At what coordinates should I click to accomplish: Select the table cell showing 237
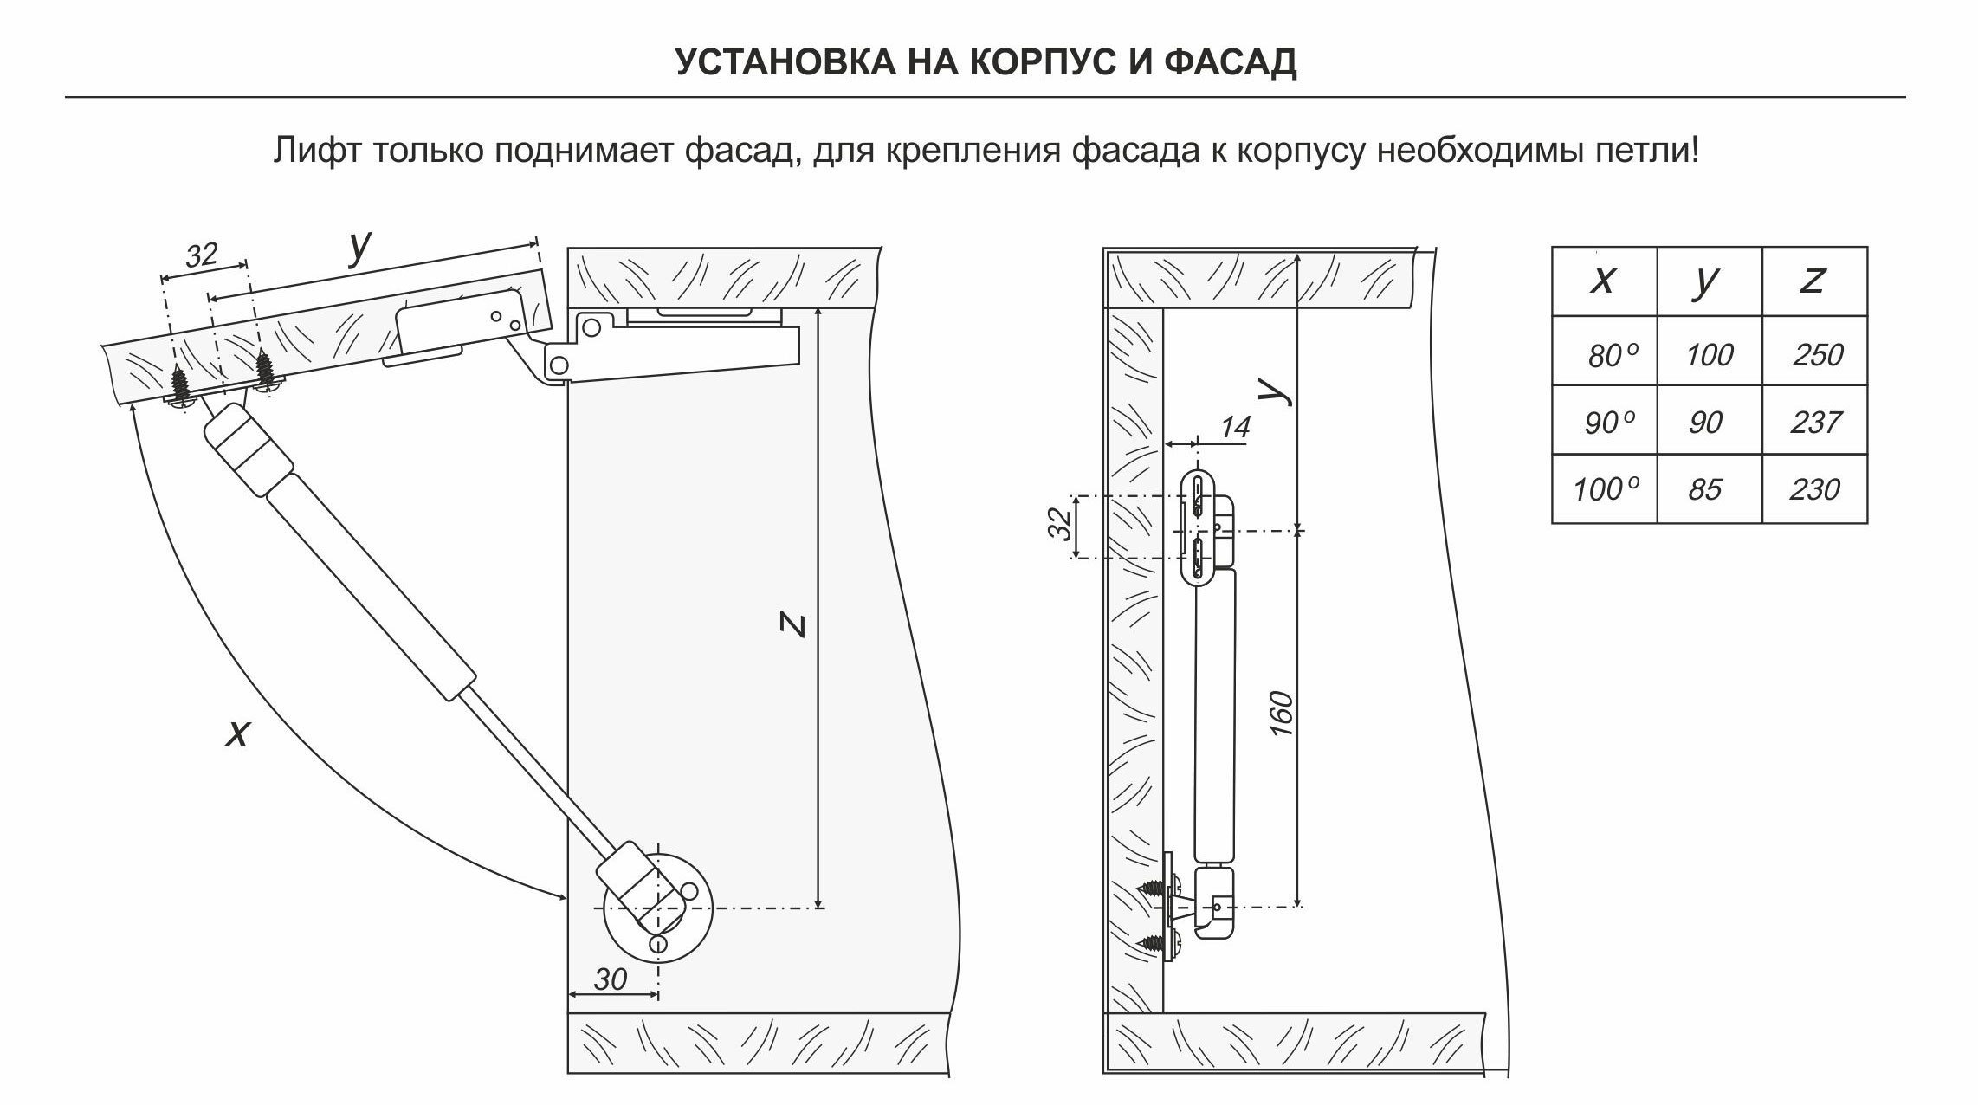(x=1816, y=422)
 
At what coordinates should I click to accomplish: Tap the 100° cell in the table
(x=1605, y=489)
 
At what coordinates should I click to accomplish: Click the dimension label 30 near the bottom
(x=611, y=979)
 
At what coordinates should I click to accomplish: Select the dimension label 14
(x=1236, y=427)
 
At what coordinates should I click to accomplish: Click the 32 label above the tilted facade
(x=202, y=255)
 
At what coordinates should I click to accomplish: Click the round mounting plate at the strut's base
(x=658, y=908)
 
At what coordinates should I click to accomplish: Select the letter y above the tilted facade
(x=360, y=249)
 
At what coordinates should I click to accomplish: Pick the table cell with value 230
(x=1814, y=489)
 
